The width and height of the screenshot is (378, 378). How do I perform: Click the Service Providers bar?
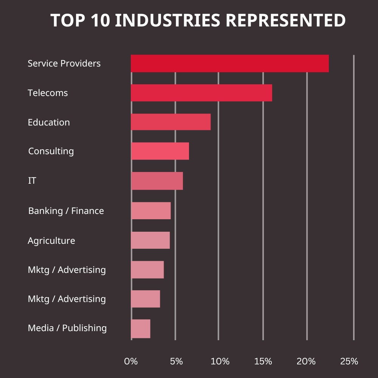pos(230,64)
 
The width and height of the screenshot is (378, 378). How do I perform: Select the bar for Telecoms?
pos(201,93)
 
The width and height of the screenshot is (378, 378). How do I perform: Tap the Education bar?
pos(170,122)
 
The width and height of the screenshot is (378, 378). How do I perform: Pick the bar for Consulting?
pos(160,151)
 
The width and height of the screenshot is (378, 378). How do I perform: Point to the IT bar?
pos(157,181)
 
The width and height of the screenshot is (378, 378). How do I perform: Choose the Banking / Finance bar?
pos(151,211)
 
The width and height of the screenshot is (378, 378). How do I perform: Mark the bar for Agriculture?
pos(150,240)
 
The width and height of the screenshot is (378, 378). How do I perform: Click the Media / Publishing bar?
pos(141,329)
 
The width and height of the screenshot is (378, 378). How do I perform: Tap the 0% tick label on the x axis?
pos(131,361)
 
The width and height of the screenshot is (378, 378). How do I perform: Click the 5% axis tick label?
pos(176,361)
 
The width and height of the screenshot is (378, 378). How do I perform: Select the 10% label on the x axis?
pos(220,361)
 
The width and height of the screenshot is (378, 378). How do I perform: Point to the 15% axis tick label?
pos(263,361)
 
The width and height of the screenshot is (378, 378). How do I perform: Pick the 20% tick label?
pos(306,361)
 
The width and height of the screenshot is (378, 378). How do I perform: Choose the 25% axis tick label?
pos(349,361)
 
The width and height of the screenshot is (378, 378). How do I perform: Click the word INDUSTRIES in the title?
pos(167,20)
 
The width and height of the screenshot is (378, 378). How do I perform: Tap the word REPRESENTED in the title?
pos(286,20)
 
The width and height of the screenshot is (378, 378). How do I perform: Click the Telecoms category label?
pos(48,93)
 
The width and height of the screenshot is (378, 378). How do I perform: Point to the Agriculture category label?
pos(51,241)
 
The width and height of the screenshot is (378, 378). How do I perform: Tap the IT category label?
pos(32,181)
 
